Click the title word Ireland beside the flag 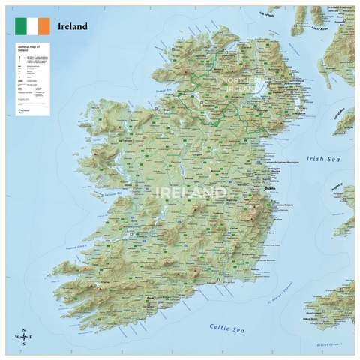click(74, 26)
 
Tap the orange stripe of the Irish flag click(43, 26)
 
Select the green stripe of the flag click(21, 26)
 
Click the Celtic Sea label click(226, 328)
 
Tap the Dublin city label click(270, 189)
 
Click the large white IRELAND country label click(190, 193)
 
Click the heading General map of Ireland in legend click(28, 49)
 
